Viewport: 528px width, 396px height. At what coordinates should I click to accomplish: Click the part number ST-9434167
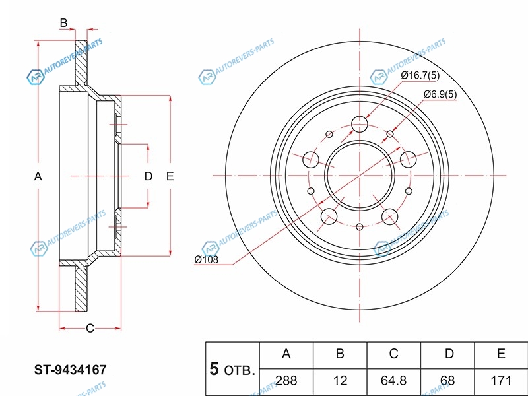pos(70,371)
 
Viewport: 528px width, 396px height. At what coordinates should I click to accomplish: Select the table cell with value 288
pos(286,381)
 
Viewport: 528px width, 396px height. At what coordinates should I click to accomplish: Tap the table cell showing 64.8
pos(393,381)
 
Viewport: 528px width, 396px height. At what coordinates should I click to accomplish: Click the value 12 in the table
pos(340,381)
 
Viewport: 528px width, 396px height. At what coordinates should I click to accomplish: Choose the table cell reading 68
pos(449,381)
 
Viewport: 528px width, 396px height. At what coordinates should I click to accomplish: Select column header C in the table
pos(393,354)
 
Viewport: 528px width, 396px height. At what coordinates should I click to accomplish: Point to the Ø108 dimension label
pos(206,259)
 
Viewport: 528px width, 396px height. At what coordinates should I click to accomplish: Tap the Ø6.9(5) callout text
pos(440,94)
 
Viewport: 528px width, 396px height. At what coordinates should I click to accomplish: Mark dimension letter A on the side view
pos(38,176)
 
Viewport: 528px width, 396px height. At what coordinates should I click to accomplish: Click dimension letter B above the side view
pos(63,23)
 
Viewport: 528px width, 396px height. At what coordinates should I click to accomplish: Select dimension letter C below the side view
pos(90,328)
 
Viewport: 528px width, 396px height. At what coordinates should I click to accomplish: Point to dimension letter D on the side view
pos(148,176)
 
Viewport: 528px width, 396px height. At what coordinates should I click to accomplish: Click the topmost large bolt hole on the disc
pos(360,123)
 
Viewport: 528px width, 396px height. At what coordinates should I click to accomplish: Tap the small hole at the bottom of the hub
pos(360,227)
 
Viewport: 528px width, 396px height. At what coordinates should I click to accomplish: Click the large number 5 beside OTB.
pos(214,369)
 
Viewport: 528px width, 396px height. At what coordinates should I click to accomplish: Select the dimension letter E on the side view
pos(170,176)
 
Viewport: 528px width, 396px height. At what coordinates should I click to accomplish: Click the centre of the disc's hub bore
pos(360,176)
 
